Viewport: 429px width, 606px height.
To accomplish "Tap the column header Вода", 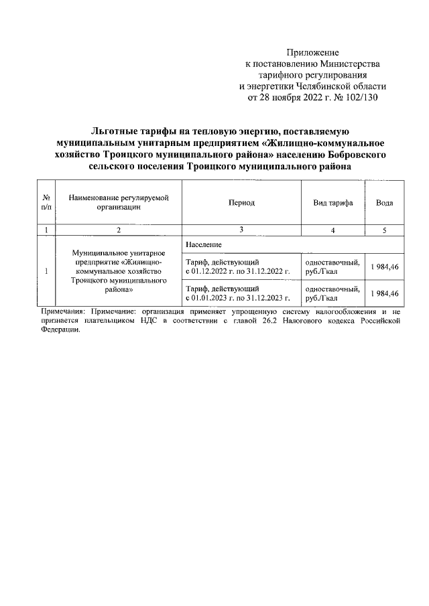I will pos(384,203).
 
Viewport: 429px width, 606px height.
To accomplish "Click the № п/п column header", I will pos(46,203).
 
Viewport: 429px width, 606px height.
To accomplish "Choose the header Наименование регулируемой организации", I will pos(118,203).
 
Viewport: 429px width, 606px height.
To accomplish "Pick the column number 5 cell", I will pos(384,230).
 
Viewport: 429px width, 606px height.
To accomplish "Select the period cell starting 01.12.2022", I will pos(238,267).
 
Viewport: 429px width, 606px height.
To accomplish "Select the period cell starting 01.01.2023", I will pos(238,293).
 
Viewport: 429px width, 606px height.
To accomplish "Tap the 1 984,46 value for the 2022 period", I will pos(384,267).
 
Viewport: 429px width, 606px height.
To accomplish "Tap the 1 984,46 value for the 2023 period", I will pos(384,293).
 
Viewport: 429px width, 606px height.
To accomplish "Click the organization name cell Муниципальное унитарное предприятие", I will pos(118,272).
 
